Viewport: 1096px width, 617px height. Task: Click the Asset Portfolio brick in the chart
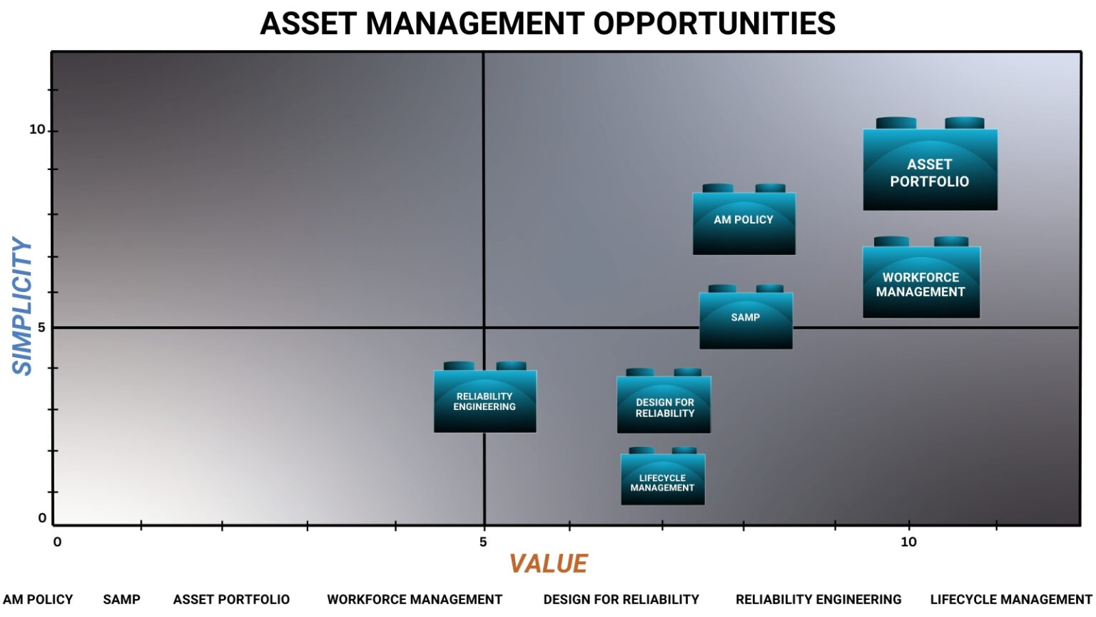930,164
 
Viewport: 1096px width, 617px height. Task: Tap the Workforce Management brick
921,278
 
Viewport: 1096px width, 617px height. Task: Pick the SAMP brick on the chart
746,317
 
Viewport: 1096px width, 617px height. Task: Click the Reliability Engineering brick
485,397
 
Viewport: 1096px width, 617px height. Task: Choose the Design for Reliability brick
664,401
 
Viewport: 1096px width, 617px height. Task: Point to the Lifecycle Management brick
662,476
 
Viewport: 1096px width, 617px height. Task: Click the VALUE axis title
549,563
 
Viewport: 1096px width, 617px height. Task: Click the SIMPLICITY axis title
22,306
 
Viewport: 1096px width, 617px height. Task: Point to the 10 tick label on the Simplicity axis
37,130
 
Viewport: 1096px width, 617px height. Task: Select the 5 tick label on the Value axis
483,542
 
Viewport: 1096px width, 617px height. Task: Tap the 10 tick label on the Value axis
908,542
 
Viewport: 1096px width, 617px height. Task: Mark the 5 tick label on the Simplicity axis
41,327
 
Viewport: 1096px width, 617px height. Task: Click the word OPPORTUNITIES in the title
714,24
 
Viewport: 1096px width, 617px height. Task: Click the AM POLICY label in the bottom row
38,599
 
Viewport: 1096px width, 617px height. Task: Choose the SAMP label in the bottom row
121,599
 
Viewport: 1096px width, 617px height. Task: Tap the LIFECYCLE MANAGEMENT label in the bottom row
1011,599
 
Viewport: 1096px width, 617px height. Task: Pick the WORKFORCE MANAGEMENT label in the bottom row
415,599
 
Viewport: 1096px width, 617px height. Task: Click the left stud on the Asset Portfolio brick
896,123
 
